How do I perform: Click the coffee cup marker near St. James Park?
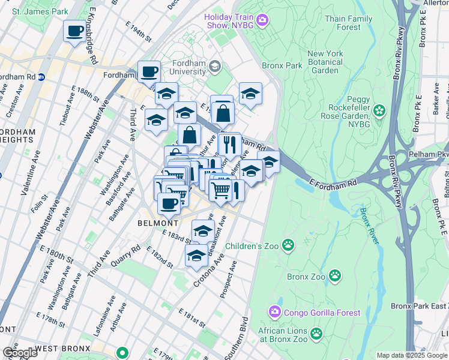point(75,31)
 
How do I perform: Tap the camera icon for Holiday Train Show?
point(262,21)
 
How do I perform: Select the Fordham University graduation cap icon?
point(215,67)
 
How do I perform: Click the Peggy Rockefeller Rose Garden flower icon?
point(379,110)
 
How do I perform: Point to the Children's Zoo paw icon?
point(289,245)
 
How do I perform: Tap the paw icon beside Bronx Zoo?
point(335,276)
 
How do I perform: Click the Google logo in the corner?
point(19,353)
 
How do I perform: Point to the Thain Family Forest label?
point(352,23)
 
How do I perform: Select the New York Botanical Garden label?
point(325,62)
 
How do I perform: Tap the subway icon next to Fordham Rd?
point(41,77)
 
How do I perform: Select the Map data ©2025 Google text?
point(411,355)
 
